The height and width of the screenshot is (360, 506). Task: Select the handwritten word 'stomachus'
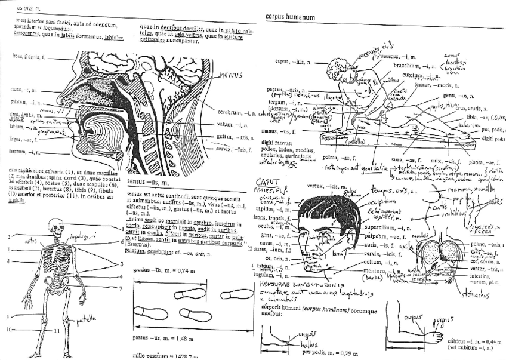click(473, 294)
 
